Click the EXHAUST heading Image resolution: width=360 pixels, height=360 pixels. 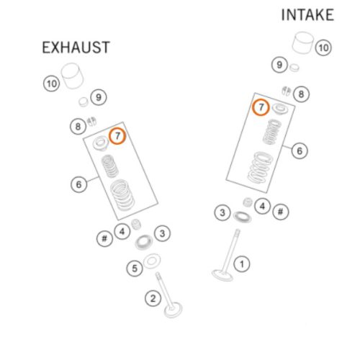76,47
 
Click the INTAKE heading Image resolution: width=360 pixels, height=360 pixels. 307,15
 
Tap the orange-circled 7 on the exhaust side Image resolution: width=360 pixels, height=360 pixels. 117,136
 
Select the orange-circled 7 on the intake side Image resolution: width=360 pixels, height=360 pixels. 261,107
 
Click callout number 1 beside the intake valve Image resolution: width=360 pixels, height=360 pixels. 242,264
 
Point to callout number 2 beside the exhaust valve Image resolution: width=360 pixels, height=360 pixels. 153,298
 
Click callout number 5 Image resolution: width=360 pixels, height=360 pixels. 135,268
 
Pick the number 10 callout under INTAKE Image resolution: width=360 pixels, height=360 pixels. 323,48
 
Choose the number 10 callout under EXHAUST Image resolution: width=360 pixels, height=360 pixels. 51,84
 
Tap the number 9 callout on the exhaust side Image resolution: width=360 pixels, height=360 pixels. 99,97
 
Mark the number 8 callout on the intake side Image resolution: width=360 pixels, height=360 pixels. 301,94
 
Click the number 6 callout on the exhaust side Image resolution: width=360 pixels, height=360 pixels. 78,184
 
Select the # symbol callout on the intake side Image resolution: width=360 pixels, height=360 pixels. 280,212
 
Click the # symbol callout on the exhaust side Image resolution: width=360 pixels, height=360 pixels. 104,238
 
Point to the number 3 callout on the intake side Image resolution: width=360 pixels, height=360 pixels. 222,212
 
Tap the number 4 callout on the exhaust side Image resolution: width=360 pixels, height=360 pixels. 122,231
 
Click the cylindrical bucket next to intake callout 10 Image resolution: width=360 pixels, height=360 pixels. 303,42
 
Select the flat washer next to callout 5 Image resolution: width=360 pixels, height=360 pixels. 152,261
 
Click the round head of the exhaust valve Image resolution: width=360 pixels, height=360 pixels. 174,310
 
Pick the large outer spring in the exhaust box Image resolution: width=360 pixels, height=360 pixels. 122,195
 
